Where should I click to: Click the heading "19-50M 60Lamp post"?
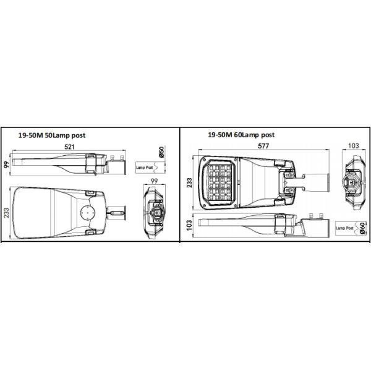[x=241, y=134]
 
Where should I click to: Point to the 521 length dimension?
[x=69, y=146]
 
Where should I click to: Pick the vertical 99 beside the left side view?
[x=6, y=164]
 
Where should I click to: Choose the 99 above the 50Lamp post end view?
[x=155, y=179]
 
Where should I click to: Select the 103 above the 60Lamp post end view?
[x=354, y=146]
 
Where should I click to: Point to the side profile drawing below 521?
[x=68, y=163]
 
